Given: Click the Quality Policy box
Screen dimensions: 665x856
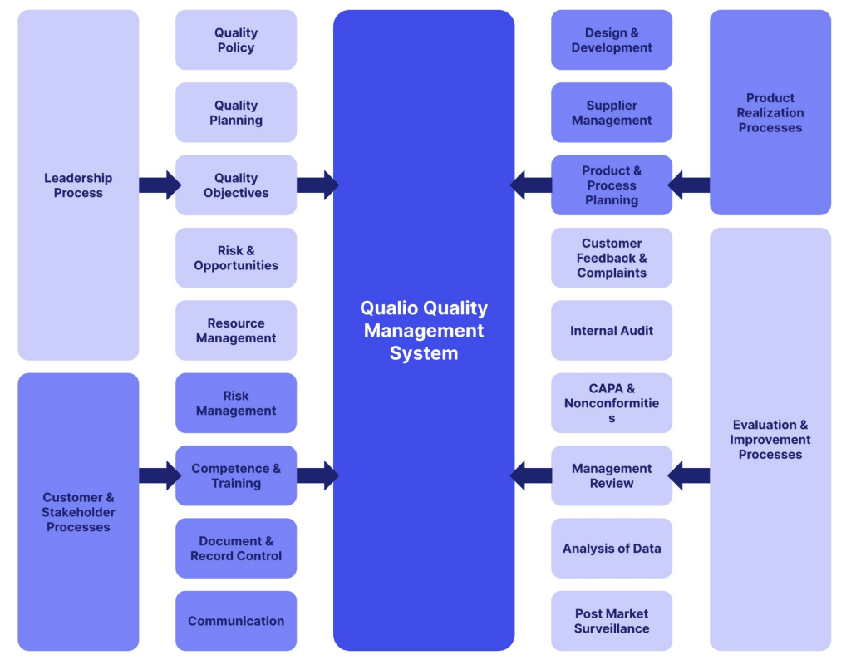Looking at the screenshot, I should [x=236, y=40].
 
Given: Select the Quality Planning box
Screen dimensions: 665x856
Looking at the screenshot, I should [x=236, y=112].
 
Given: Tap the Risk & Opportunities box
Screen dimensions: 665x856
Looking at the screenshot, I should [x=236, y=258].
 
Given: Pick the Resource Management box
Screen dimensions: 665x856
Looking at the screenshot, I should [x=236, y=330].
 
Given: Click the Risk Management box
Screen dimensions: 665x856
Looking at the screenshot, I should [x=236, y=403].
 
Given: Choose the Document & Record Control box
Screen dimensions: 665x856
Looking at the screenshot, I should [x=236, y=549].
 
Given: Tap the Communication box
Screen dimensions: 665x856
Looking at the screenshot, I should [x=236, y=621].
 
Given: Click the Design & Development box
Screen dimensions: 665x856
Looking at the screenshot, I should [x=612, y=40].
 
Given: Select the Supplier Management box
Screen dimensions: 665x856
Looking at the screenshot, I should [x=612, y=112].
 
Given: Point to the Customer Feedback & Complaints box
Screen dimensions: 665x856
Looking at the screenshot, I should [x=612, y=258].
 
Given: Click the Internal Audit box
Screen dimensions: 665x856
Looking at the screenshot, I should [x=612, y=330].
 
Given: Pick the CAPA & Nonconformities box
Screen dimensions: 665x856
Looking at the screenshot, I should [x=612, y=403].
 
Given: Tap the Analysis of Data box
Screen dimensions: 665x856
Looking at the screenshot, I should [x=612, y=549].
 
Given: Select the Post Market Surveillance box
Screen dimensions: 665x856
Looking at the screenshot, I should [x=612, y=621].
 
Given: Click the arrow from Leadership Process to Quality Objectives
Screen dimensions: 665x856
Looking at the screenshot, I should [x=159, y=185].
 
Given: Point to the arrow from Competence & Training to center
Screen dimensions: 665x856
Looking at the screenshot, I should [x=317, y=475].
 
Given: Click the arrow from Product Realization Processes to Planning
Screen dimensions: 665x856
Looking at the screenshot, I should [x=690, y=185].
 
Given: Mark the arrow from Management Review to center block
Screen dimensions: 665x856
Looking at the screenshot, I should [x=531, y=475].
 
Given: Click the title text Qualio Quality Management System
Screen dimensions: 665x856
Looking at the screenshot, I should [x=424, y=330].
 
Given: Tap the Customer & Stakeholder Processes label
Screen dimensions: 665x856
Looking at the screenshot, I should [x=78, y=512].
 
